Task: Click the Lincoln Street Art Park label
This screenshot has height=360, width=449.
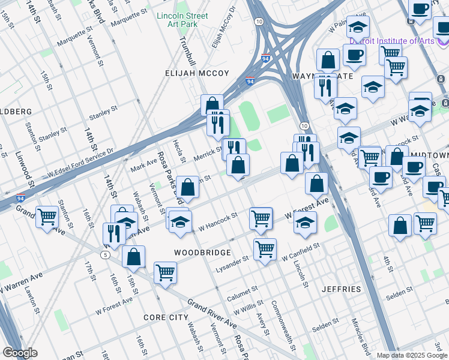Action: (181, 20)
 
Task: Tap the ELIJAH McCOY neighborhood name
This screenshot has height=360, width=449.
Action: (197, 73)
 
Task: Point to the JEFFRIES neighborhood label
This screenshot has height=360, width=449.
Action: (341, 289)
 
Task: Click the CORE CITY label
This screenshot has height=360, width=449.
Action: (166, 317)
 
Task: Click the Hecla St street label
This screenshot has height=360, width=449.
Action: (181, 152)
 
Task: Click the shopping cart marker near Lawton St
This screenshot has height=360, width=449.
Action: (47, 217)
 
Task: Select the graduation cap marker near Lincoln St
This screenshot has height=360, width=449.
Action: (305, 223)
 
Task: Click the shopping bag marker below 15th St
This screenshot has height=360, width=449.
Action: (133, 256)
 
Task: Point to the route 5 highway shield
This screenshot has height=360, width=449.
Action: (106, 255)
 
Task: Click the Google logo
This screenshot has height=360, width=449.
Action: (20, 353)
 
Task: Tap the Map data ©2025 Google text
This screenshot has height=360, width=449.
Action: (411, 355)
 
